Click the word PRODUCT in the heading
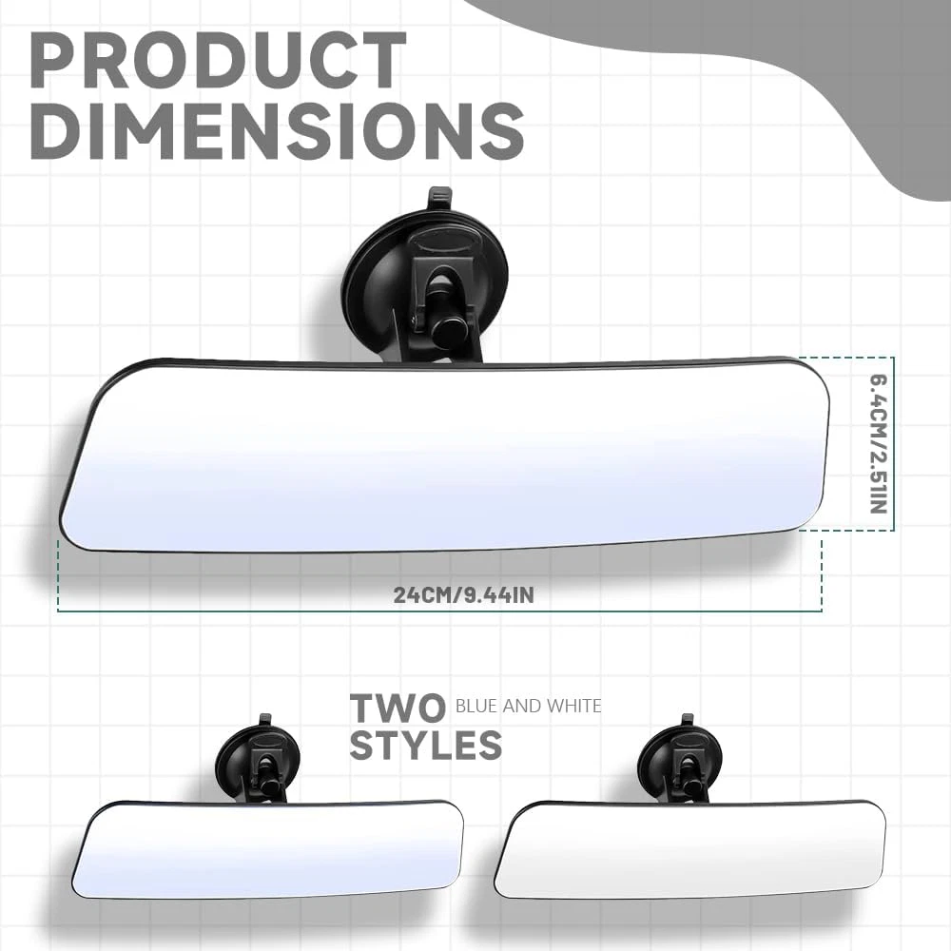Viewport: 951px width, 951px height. point(218,61)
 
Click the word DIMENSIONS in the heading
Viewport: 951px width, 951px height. point(277,131)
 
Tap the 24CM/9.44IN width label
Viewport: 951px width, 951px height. point(464,594)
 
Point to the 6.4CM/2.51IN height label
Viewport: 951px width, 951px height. point(879,444)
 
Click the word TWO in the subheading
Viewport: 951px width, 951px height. point(398,708)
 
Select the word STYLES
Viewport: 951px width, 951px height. point(426,745)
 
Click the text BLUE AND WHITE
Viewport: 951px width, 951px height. point(528,706)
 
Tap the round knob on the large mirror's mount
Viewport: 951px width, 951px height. point(448,331)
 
